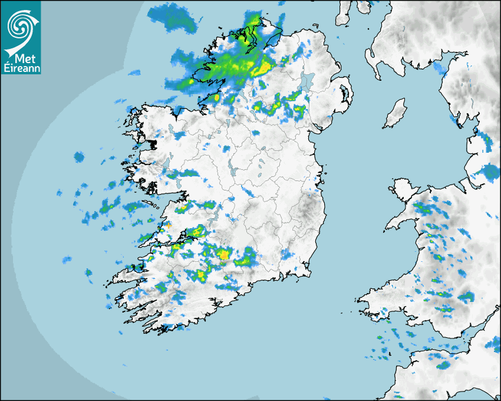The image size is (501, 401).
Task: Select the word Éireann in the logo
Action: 21,68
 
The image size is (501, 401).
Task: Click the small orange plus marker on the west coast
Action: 169,225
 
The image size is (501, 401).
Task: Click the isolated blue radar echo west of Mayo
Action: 79,157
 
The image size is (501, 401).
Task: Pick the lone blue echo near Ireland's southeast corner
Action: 287,255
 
